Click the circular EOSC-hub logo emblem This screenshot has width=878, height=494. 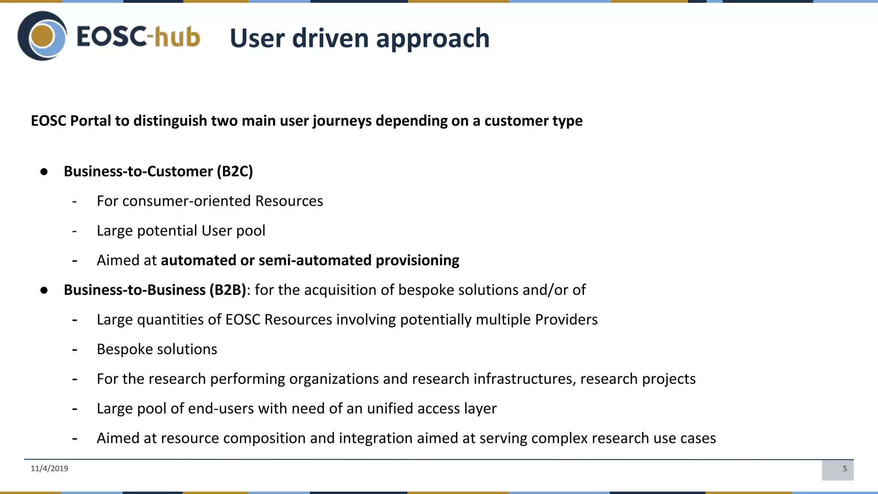click(42, 36)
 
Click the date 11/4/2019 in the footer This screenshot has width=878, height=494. click(49, 468)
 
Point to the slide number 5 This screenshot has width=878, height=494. click(845, 469)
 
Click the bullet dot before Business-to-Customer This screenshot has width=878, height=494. click(44, 172)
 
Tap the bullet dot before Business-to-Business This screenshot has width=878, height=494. click(44, 290)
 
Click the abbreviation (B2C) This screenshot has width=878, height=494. click(235, 172)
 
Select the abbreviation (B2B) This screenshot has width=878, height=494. click(228, 290)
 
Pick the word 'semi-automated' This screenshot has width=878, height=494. click(315, 260)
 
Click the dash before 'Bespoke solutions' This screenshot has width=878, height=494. click(75, 349)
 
